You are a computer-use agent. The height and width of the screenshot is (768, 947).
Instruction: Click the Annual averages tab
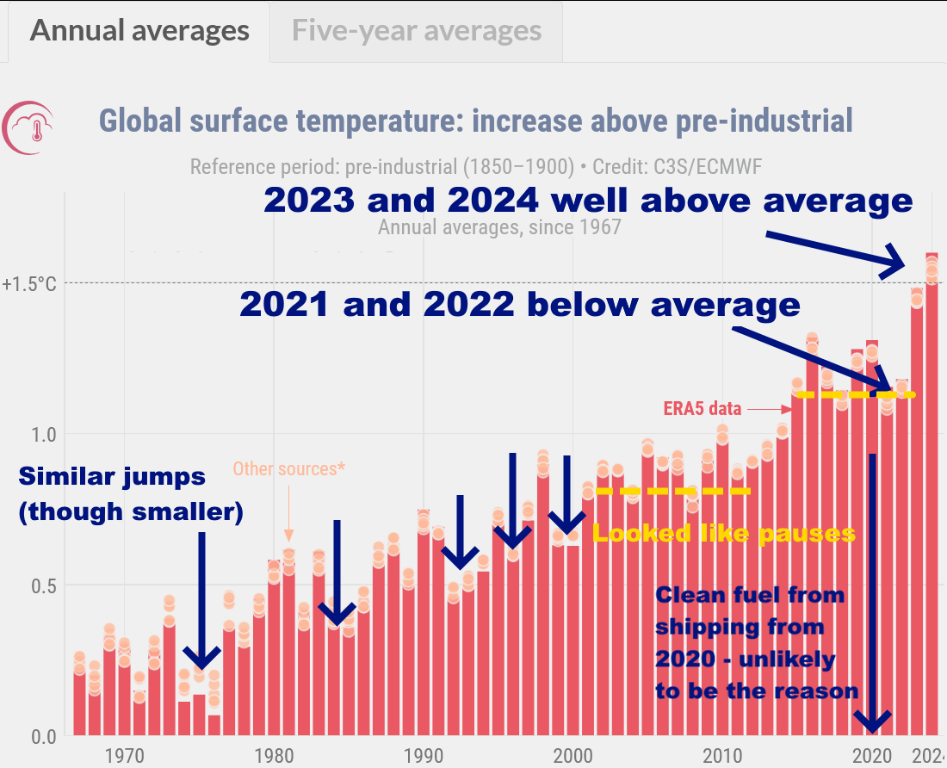point(139,31)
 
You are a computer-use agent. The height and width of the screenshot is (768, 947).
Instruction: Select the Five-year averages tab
point(417,31)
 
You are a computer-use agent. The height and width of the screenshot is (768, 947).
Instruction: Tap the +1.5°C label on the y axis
point(29,283)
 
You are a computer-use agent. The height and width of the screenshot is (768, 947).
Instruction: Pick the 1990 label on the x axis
point(423,756)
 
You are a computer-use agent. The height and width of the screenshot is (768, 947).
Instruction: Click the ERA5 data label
point(703,409)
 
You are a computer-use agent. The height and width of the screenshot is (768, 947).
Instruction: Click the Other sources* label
point(288,469)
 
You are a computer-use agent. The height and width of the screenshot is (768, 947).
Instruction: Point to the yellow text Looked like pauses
point(724,534)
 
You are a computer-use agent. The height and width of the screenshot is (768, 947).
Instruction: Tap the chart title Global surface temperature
point(475,121)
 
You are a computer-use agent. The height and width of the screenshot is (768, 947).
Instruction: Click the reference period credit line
point(475,166)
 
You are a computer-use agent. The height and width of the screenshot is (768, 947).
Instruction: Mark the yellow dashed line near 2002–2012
point(672,491)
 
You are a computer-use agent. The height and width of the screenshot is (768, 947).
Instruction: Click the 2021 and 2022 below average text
point(519,305)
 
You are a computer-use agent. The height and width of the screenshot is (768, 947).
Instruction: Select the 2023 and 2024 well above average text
point(587,200)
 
